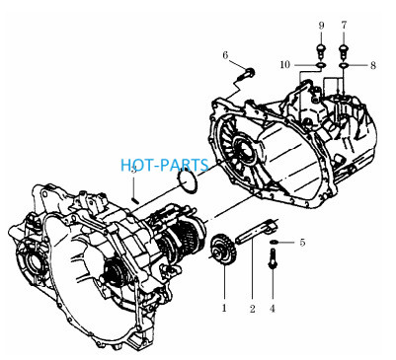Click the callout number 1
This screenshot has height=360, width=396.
(x=224, y=308)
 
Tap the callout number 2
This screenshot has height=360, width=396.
(x=252, y=309)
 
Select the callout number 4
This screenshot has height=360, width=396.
(x=273, y=309)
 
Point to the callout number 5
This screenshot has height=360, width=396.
(x=302, y=243)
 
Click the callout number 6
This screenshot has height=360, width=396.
(x=225, y=55)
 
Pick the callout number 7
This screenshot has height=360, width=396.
(x=344, y=25)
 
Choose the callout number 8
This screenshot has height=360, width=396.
(x=372, y=65)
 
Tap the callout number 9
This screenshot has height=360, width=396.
(x=321, y=26)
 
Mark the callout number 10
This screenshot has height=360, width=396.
(x=285, y=65)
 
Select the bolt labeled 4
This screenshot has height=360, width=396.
(x=273, y=258)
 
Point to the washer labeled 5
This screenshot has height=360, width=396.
(x=274, y=243)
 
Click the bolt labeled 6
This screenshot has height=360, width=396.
(x=247, y=75)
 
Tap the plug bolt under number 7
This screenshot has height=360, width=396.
(x=344, y=51)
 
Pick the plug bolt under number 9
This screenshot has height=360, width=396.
(x=321, y=51)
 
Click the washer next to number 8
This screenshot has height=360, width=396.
(x=344, y=65)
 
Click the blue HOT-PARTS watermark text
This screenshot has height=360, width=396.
(x=165, y=165)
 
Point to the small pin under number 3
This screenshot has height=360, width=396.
(x=134, y=199)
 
